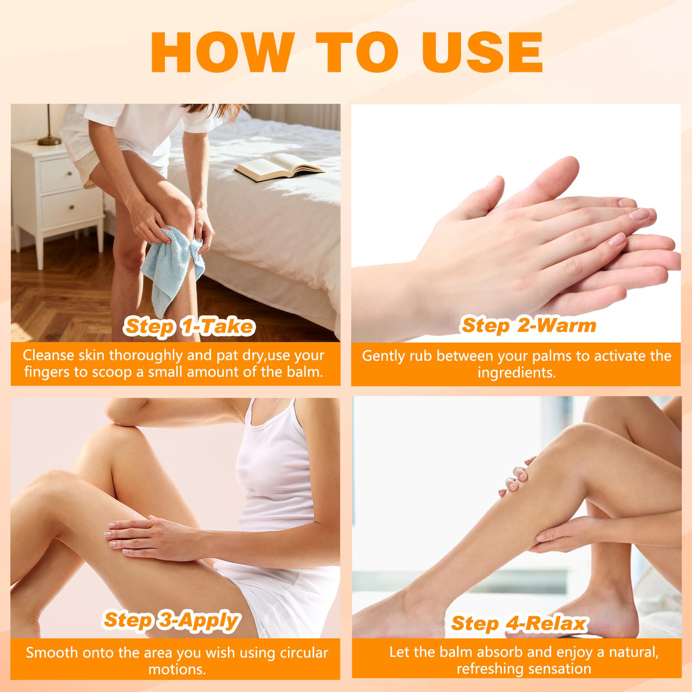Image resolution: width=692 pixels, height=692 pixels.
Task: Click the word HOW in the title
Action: [221, 52]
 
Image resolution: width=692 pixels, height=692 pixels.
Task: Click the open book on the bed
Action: [279, 167]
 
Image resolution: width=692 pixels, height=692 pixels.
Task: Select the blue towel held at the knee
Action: [173, 266]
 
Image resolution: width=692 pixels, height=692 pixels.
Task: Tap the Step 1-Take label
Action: [189, 326]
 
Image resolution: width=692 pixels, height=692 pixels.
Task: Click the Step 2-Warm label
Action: [529, 325]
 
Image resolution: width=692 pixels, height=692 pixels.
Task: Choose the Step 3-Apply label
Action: [171, 620]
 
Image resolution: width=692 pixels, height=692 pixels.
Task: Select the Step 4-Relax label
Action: [519, 623]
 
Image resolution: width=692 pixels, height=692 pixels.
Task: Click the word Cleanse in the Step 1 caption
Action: [48, 355]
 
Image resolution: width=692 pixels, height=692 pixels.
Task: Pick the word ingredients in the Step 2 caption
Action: [516, 373]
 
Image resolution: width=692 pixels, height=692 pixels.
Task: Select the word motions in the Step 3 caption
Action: [177, 670]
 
